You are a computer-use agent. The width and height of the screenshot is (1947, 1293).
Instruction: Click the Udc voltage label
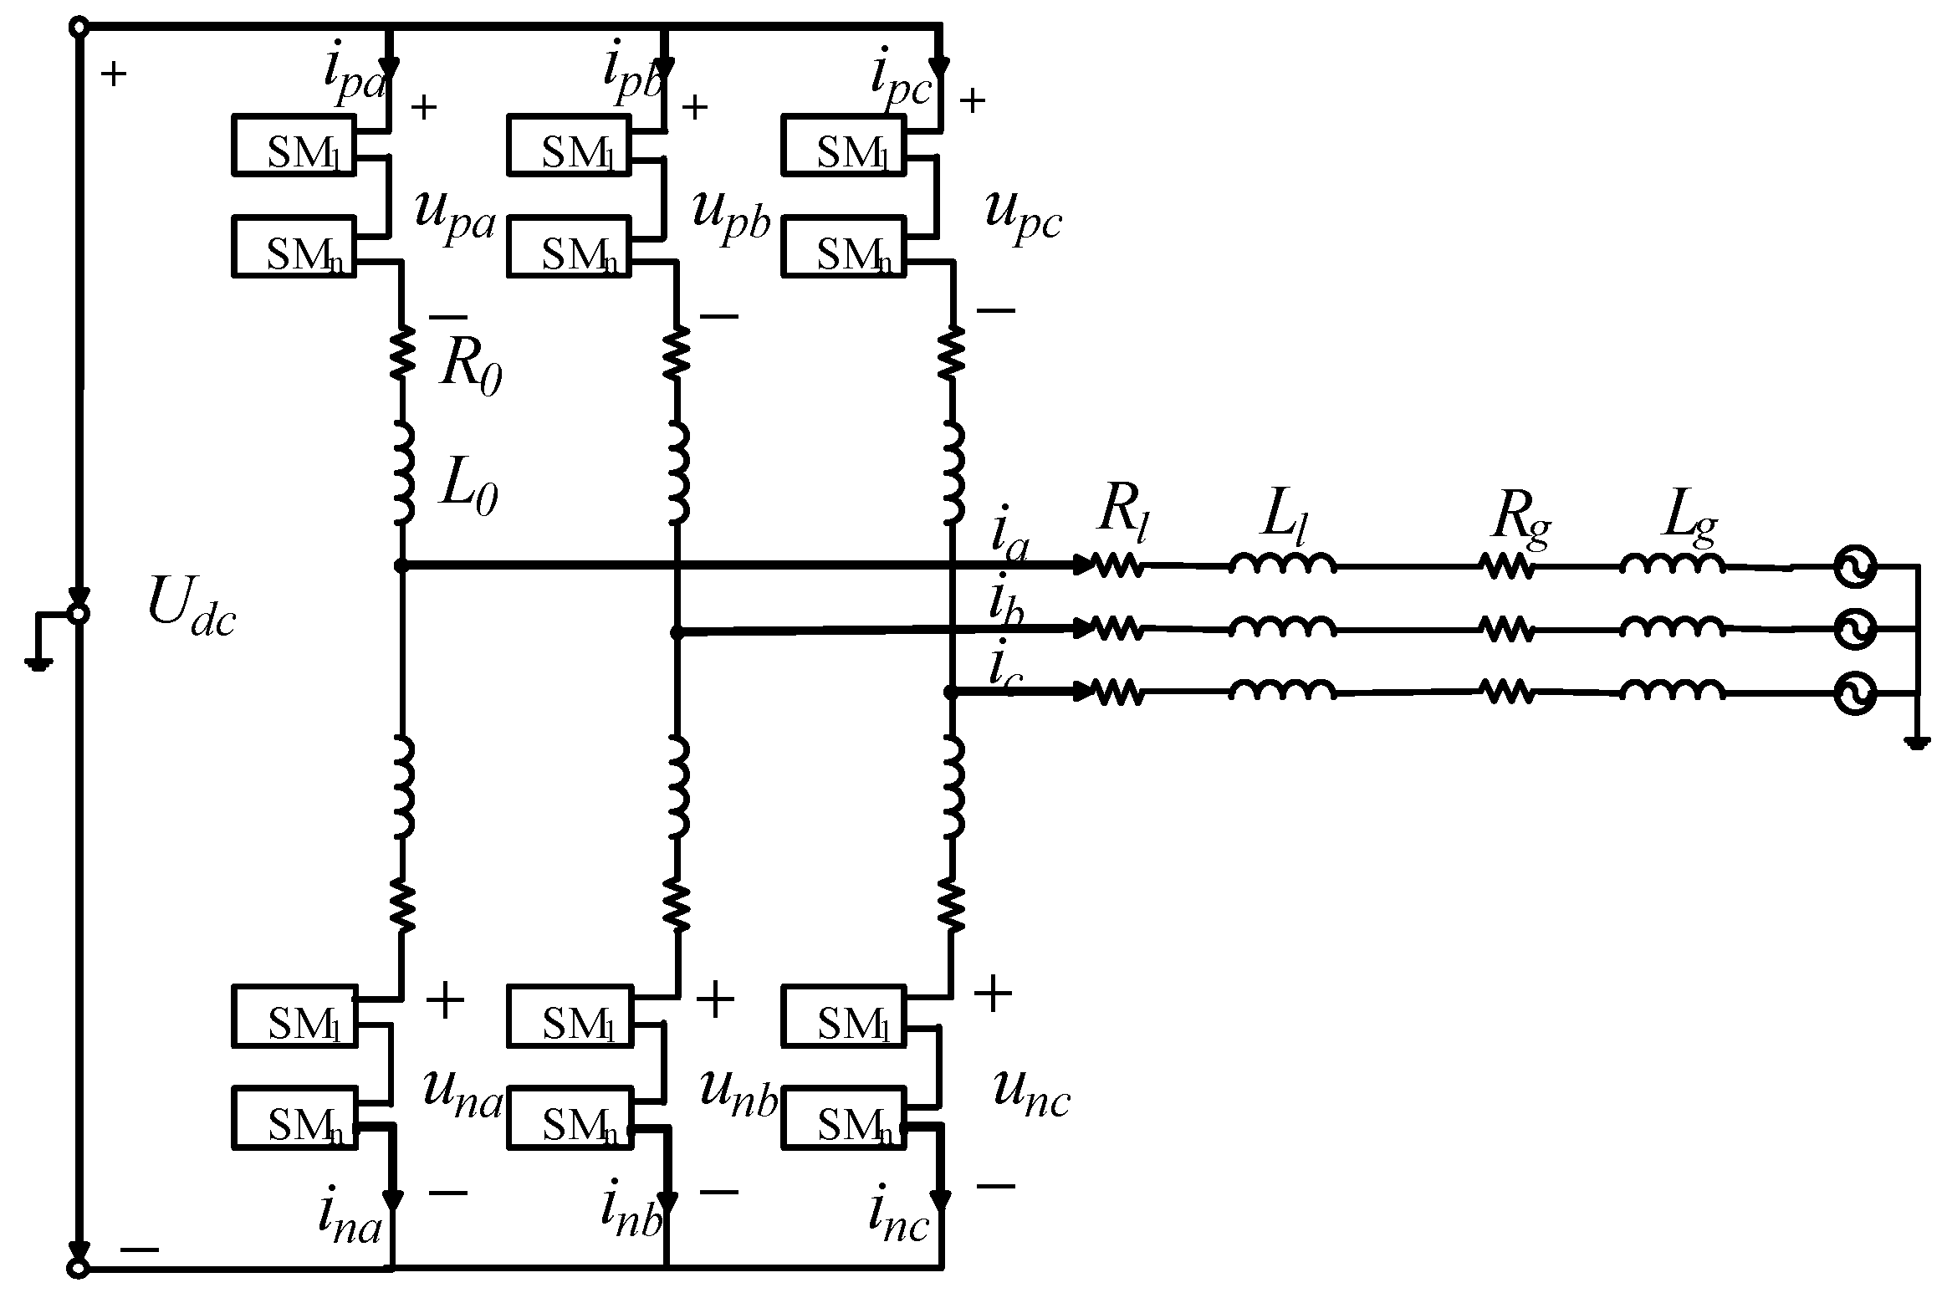(x=191, y=606)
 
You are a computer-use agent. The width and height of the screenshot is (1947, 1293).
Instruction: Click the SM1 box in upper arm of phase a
(x=294, y=146)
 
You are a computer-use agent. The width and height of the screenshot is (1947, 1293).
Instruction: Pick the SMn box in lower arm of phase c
(x=843, y=1117)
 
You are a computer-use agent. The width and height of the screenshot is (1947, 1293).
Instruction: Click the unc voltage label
(x=1031, y=1096)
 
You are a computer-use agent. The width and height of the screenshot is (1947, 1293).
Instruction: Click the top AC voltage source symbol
(x=1854, y=567)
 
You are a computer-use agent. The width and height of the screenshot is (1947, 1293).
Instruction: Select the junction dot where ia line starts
(x=401, y=566)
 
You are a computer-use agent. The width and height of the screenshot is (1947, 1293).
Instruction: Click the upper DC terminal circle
(x=77, y=28)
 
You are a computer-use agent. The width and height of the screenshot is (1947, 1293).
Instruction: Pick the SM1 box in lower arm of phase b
(x=570, y=1016)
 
